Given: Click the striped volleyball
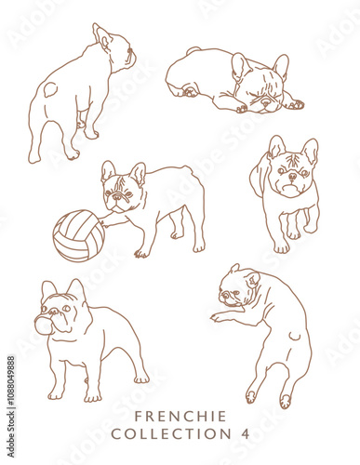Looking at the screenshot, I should tap(78, 235).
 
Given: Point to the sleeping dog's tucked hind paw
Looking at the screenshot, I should tap(189, 91).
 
